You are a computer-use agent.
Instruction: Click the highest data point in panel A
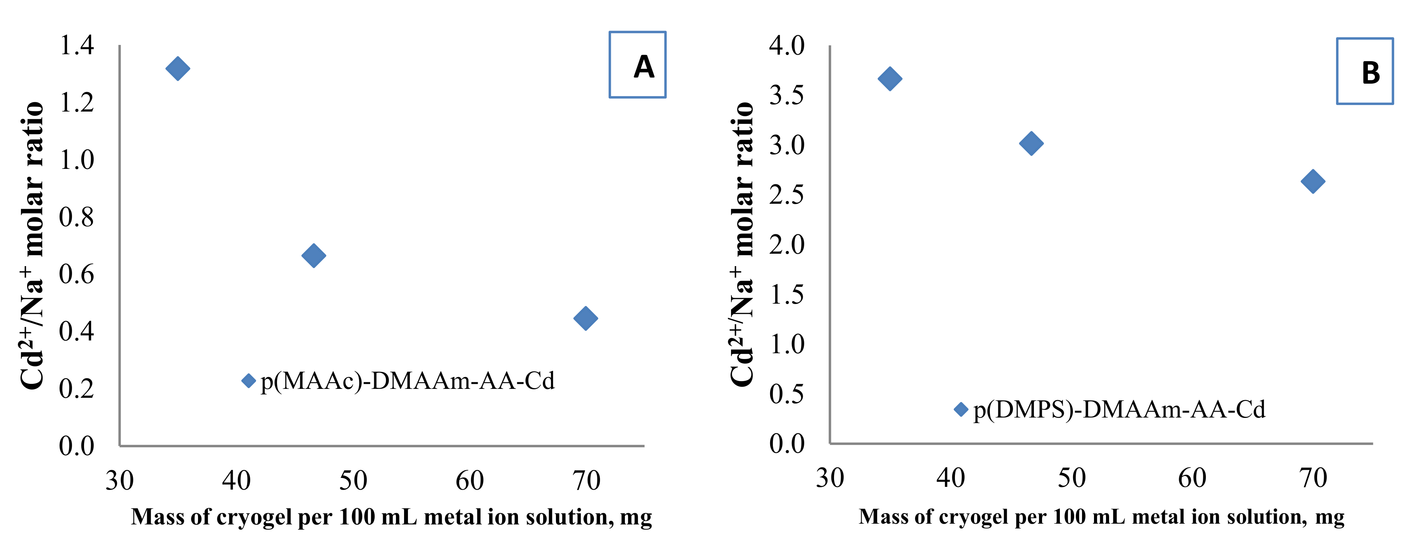coord(177,69)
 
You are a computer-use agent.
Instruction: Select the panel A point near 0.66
coord(313,256)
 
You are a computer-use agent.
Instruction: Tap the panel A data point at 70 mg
coord(585,318)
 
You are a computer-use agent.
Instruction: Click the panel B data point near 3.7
coord(890,79)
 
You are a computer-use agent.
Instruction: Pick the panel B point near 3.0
coord(1031,144)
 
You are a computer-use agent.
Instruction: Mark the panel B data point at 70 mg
coord(1312,181)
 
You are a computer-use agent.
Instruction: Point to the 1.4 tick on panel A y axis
coord(76,45)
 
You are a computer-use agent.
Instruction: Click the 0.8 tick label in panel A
coord(76,217)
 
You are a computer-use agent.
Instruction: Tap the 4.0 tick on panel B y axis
coord(786,45)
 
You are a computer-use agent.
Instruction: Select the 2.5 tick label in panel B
coord(786,195)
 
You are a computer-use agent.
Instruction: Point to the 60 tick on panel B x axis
coord(1191,478)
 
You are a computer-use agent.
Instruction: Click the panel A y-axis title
coord(32,246)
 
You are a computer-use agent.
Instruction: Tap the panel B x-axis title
coord(1101,517)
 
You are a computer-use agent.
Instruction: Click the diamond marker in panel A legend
coord(249,381)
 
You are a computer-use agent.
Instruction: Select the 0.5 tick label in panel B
coord(786,394)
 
